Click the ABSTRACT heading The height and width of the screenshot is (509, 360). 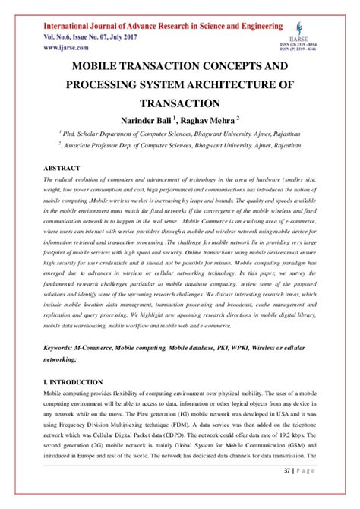62,166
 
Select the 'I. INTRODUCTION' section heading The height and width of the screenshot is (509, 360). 74,381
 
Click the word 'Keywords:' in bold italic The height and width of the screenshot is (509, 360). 64,346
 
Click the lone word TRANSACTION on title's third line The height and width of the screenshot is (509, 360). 179,103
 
